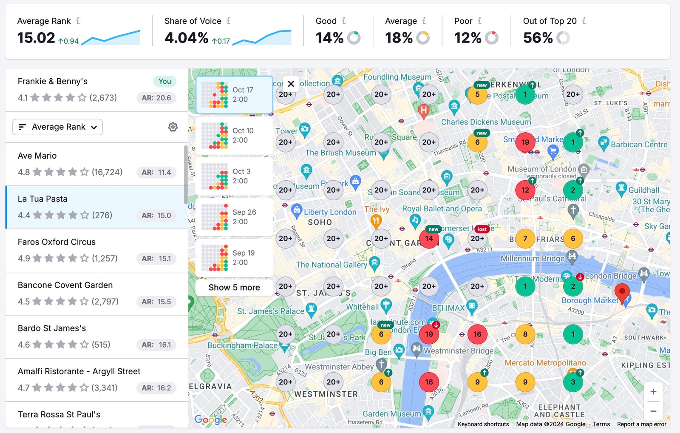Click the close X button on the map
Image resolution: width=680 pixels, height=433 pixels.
[291, 84]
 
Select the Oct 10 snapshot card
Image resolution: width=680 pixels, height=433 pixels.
[234, 136]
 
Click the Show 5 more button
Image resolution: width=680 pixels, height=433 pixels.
[234, 288]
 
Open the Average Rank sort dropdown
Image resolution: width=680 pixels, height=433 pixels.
[58, 127]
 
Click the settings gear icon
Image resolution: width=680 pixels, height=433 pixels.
[173, 127]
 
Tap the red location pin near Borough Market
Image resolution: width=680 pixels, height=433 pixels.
[622, 293]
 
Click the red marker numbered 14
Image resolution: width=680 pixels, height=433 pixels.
[429, 239]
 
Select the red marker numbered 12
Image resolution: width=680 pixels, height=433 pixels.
[525, 190]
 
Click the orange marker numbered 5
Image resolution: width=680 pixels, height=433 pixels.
[477, 94]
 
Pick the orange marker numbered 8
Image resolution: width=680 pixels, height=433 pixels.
[525, 334]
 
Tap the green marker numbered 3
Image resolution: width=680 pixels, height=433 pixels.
[573, 382]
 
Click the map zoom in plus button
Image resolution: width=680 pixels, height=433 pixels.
[653, 392]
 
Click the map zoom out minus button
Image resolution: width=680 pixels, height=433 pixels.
[653, 411]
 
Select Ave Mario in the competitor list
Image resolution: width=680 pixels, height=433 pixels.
[37, 156]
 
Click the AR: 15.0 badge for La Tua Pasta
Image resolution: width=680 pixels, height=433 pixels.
[156, 215]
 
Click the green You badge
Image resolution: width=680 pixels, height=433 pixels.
[164, 81]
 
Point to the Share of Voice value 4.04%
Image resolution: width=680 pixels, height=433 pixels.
[187, 38]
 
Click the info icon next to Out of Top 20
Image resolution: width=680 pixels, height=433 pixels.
[584, 21]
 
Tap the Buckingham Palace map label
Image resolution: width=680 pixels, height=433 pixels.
[242, 345]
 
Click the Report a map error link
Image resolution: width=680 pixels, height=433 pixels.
[641, 424]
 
